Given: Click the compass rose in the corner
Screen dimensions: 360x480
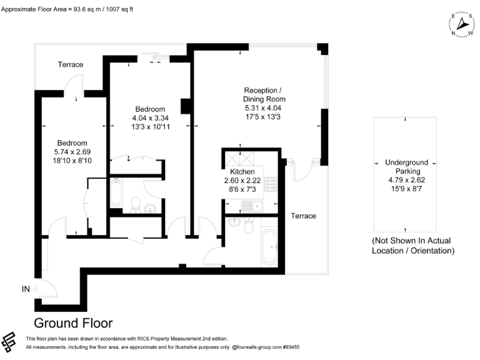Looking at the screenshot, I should pos(462,24).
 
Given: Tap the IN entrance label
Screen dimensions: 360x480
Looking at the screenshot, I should pos(26,289).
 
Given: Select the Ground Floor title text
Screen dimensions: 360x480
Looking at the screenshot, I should pos(73,323).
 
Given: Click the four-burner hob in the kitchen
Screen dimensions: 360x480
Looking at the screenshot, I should pos(272,184).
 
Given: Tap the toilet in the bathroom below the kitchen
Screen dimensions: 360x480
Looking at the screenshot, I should pos(249,227).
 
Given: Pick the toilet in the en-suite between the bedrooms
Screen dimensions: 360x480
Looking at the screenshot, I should pos(134,203).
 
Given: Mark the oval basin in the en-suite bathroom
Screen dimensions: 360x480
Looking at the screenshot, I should pos(150,208).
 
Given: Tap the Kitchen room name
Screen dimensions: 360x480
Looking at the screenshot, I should pos(242,171).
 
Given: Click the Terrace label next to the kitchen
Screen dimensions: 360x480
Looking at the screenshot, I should pos(303,216).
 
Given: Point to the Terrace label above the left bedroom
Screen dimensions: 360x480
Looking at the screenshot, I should pos(71,64).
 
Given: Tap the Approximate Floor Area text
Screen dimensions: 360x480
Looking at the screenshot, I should pos(67,9).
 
